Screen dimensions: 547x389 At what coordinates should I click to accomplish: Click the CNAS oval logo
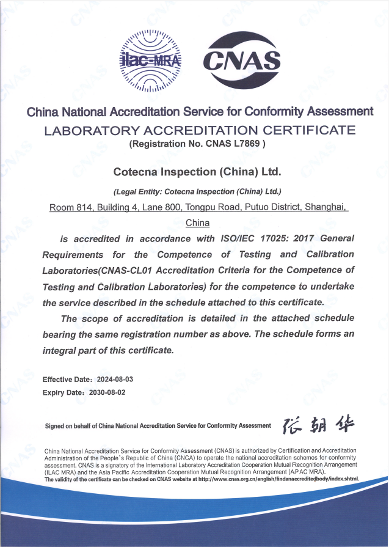tap(241, 60)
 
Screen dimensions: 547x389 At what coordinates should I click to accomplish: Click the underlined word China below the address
tap(197, 222)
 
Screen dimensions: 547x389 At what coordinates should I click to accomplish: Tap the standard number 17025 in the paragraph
tap(272, 238)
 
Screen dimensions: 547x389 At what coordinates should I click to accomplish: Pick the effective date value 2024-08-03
tap(111, 380)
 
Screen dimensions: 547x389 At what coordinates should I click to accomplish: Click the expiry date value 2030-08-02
tap(107, 392)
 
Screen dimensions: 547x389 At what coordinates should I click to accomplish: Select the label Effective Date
tap(64, 380)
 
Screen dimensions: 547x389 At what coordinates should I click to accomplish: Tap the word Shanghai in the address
tap(325, 208)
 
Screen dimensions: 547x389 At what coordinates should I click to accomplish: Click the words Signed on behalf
tap(66, 426)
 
